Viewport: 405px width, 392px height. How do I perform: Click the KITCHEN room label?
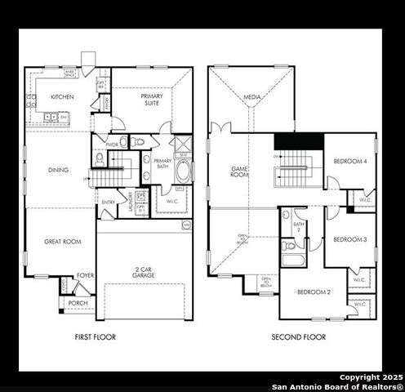[62, 97]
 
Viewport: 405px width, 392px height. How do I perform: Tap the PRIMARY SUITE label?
[151, 100]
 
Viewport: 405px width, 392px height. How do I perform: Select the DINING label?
[59, 170]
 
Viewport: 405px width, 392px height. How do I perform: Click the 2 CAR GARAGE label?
[144, 272]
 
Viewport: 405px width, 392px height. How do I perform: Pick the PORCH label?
[78, 303]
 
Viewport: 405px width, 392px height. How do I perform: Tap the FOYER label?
[84, 276]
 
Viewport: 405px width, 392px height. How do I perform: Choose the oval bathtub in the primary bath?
[185, 172]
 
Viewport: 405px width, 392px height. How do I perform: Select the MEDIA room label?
[252, 98]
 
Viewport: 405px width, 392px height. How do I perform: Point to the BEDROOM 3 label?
[349, 239]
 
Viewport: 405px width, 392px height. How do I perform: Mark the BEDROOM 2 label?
[313, 292]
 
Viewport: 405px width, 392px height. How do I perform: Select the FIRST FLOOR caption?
[96, 337]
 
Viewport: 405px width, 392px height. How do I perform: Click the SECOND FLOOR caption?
[300, 337]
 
